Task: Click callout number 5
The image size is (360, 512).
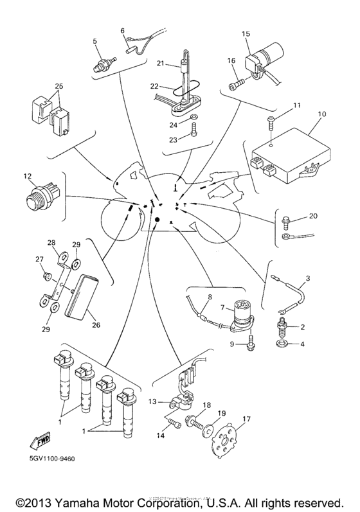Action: [x=94, y=41]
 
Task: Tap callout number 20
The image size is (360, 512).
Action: [x=313, y=216]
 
